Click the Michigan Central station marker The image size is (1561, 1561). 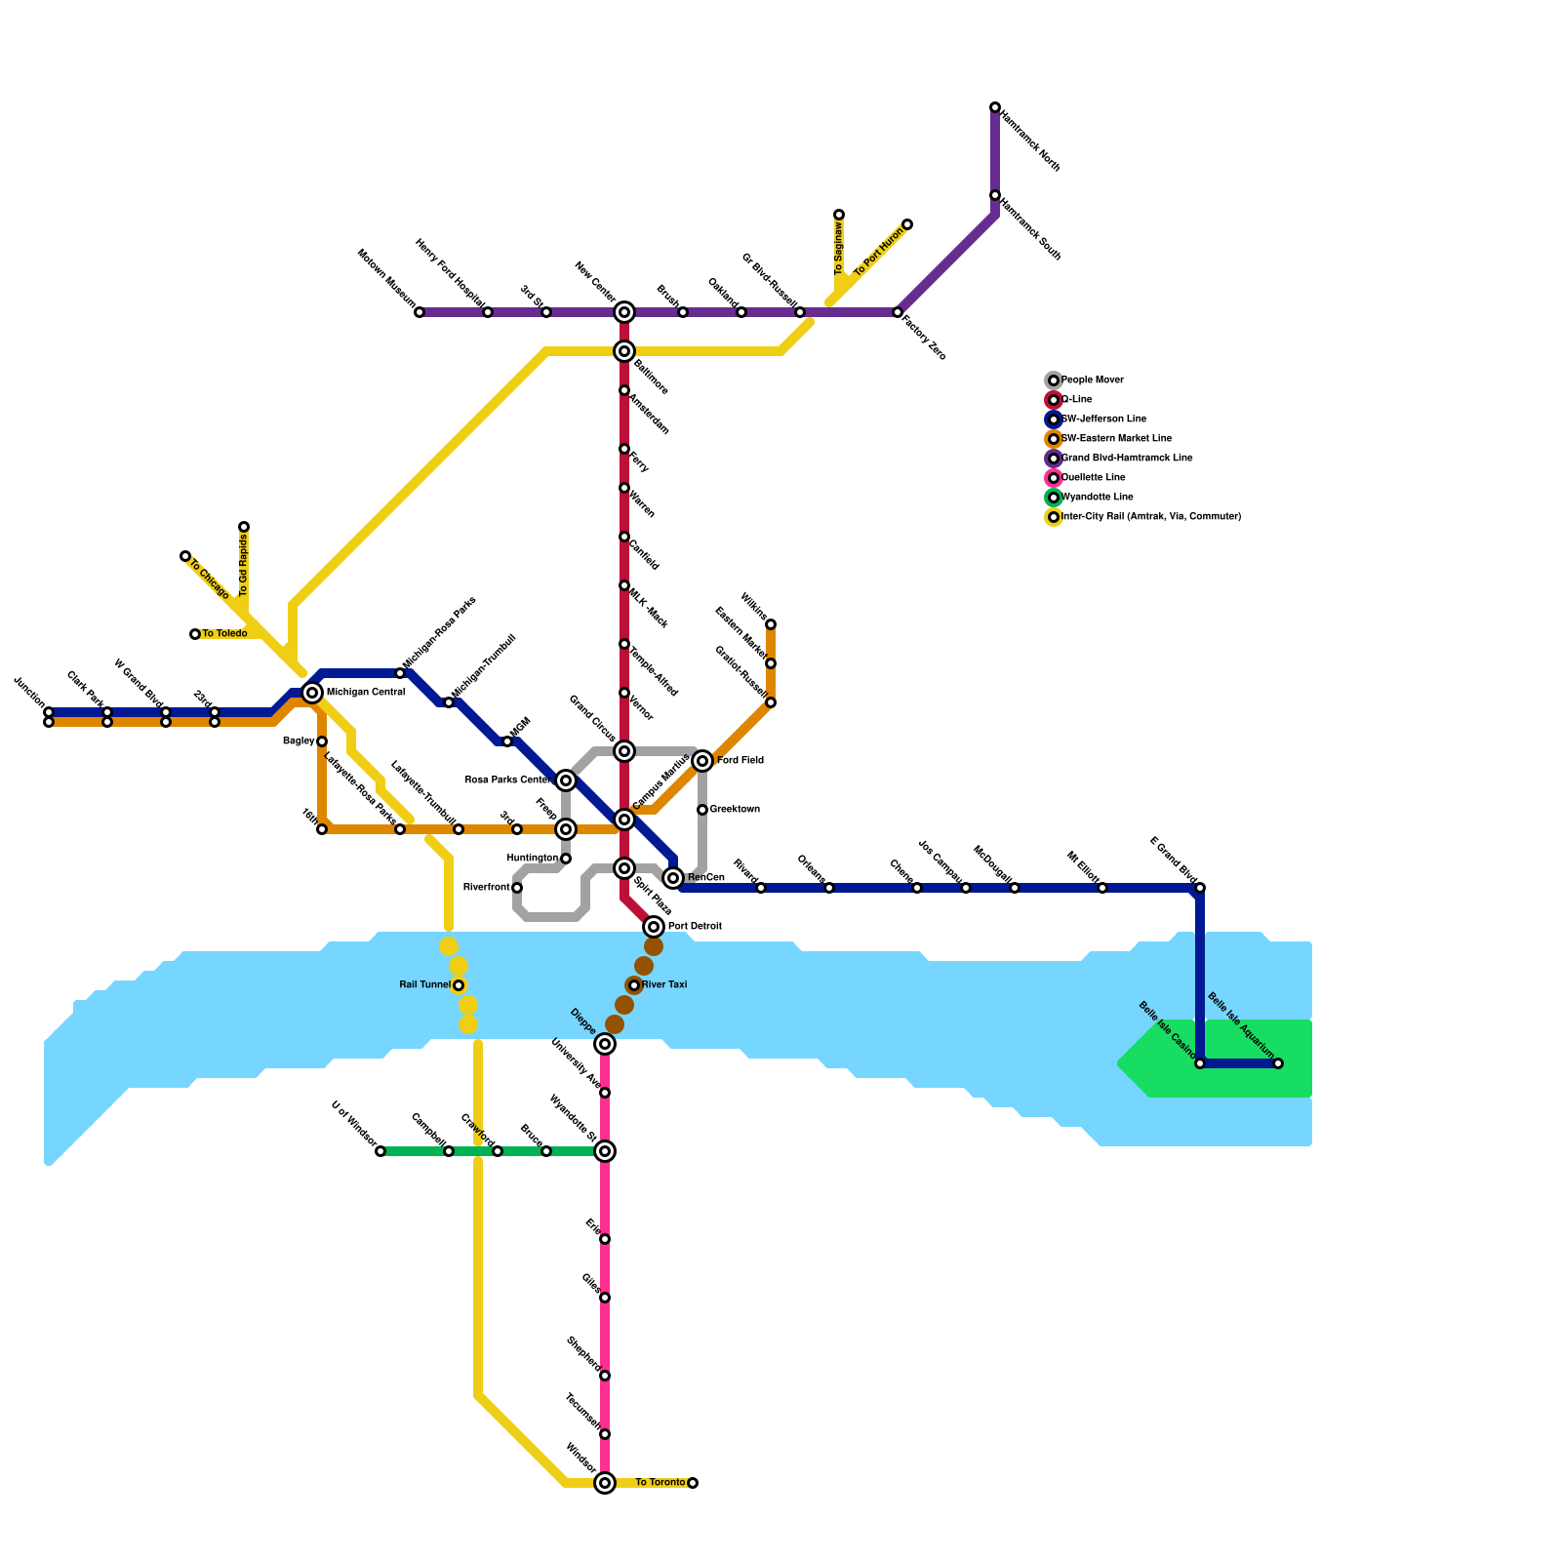coord(312,693)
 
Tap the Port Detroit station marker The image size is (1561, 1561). coord(654,926)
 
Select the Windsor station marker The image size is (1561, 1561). coord(605,1483)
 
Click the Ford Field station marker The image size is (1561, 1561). coord(702,761)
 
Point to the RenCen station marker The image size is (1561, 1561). coord(673,878)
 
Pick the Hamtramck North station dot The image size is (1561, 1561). coord(995,107)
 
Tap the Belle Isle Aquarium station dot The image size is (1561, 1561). coord(1278,1063)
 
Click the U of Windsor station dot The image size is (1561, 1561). coord(380,1151)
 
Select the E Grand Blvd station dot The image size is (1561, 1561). coord(1200,888)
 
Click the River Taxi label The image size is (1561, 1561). coord(664,985)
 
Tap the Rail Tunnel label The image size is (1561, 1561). coord(425,985)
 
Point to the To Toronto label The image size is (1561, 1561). coord(660,1483)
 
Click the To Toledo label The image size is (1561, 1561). coord(224,634)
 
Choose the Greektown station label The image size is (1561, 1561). coord(735,810)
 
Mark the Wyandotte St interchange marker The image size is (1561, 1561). coord(605,1151)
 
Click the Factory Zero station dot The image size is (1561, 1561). coord(898,312)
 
